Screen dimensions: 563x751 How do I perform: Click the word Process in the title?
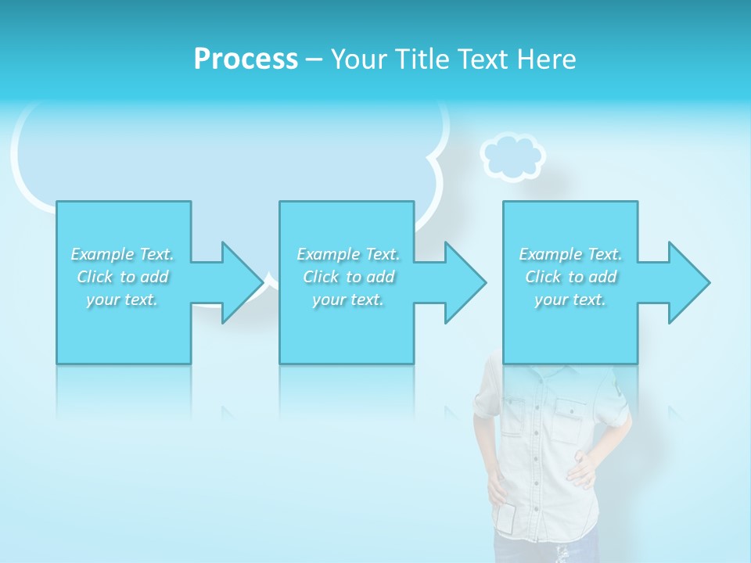coord(246,59)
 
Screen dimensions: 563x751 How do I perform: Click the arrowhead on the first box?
coord(242,282)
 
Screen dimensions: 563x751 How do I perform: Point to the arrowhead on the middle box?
coord(465,282)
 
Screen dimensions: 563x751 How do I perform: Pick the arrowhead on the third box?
coord(689,282)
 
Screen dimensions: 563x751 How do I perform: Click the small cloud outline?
coord(512,156)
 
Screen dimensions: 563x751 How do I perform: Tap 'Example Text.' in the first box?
coord(122,254)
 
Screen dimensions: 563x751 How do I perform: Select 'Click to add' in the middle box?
coord(348,277)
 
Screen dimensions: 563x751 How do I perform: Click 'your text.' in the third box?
coord(570,299)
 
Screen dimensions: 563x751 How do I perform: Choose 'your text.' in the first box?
coord(122,299)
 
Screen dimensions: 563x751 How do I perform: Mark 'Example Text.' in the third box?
coord(570,254)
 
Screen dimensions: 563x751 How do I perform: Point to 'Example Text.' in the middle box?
coord(348,254)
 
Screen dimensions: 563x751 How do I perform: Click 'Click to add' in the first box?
coord(122,277)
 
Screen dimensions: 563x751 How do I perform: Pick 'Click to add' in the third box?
coord(570,277)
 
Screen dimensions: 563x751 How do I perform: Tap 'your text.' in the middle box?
coord(348,299)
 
